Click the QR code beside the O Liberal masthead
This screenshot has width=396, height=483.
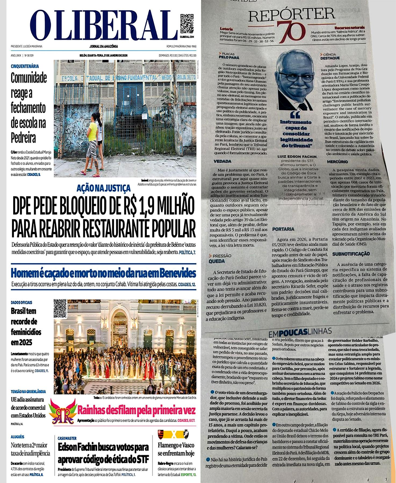[187, 23]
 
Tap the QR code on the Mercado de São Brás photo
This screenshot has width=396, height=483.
[60, 308]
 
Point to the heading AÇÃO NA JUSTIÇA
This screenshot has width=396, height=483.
[103, 188]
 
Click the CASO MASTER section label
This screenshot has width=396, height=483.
[67, 438]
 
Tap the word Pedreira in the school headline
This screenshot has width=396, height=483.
[23, 138]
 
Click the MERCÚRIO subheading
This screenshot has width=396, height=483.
[337, 162]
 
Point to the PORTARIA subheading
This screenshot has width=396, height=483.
[283, 229]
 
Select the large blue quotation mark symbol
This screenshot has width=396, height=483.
[295, 115]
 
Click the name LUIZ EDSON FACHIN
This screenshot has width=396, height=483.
[297, 156]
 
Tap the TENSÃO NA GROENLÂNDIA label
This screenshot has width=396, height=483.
[28, 391]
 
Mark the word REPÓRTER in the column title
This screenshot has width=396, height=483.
[292, 15]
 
